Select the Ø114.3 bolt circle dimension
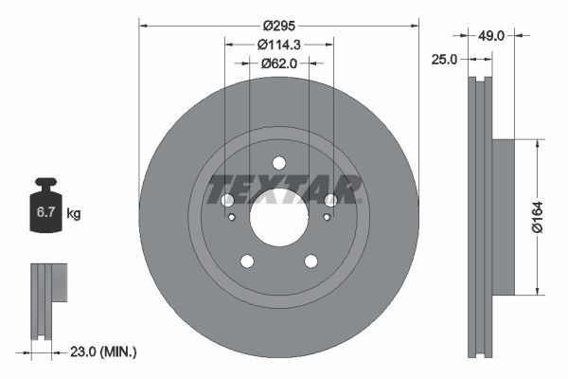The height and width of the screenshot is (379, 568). pyautogui.click(x=278, y=45)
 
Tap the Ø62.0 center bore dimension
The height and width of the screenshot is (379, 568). pyautogui.click(x=278, y=63)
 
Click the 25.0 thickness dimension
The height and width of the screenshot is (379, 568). pyautogui.click(x=444, y=59)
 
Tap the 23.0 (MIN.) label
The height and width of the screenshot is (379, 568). pyautogui.click(x=103, y=352)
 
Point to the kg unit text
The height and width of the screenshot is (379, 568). pyautogui.click(x=74, y=214)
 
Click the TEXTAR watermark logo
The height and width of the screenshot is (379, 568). pyautogui.click(x=284, y=189)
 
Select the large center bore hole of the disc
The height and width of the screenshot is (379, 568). pyautogui.click(x=278, y=224)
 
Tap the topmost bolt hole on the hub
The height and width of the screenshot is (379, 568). pyautogui.click(x=278, y=162)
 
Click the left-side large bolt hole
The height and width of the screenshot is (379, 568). pyautogui.click(x=227, y=200)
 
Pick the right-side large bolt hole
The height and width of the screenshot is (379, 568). pyautogui.click(x=330, y=200)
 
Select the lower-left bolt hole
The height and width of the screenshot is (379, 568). pyautogui.click(x=246, y=261)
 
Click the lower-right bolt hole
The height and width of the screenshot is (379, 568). pyautogui.click(x=311, y=261)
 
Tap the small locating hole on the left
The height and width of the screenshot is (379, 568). pyautogui.click(x=232, y=217)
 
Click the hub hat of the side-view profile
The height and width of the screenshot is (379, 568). pyautogui.click(x=501, y=217)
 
